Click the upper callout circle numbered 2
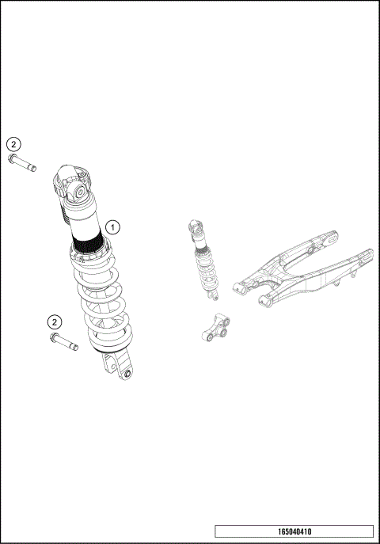tap(14, 144)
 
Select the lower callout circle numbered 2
tap(54, 321)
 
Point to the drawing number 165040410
tap(294, 531)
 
